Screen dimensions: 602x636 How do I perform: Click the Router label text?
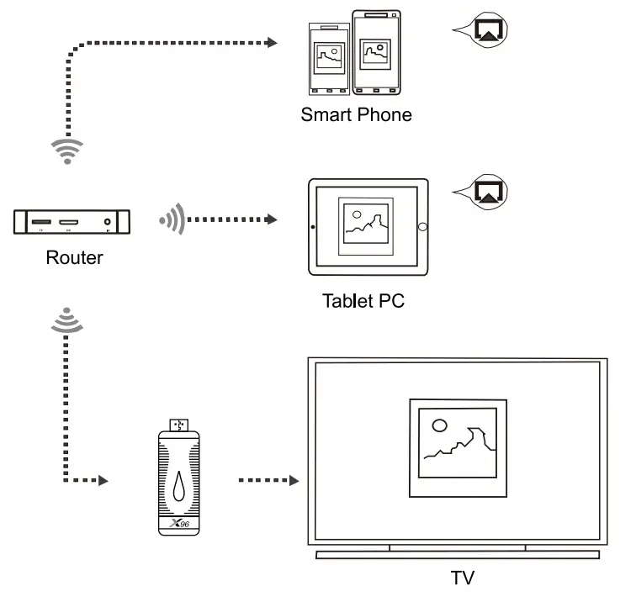74,257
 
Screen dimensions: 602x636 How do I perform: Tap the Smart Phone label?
356,115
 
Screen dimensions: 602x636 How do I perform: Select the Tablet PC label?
363,300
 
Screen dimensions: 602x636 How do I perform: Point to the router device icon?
72,223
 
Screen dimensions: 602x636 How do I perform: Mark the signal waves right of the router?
171,220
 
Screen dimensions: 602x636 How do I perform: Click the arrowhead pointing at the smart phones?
272,41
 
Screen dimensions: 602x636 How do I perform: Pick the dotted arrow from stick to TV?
268,481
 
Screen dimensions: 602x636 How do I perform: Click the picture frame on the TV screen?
458,447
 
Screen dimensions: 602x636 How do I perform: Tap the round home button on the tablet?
422,227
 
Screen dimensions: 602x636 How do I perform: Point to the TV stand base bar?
458,555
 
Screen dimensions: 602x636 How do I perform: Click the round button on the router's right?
108,223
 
